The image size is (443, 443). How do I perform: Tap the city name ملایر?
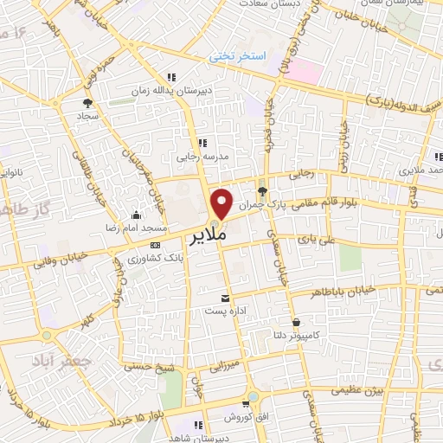[x=204, y=234]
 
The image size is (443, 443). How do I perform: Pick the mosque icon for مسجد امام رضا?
[x=134, y=216]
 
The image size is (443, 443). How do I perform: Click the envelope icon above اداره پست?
[x=228, y=295]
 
